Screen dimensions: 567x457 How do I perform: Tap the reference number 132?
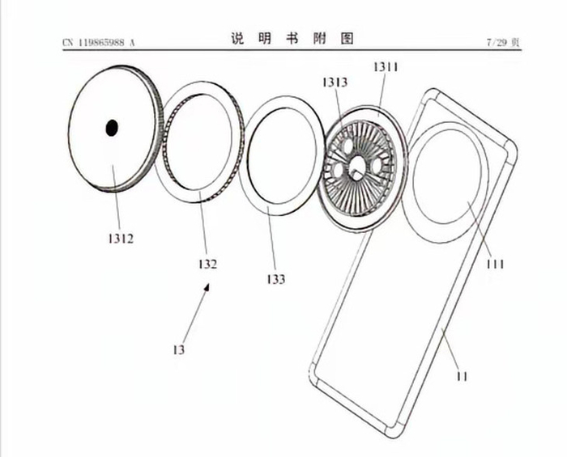coord(207,264)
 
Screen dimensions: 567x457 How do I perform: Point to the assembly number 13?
coord(178,350)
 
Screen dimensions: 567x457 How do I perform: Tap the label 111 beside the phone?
coord(495,264)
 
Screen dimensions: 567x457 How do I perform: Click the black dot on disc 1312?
coord(113,126)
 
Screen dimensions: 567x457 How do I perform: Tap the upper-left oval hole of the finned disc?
coord(346,146)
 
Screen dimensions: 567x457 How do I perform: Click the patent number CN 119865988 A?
coord(98,42)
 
